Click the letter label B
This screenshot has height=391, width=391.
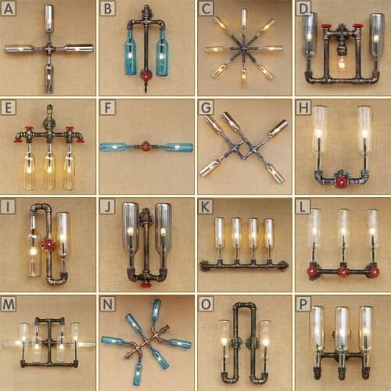pos(107,9)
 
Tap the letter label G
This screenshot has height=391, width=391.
pos(206,107)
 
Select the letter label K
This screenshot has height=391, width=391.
pos(206,206)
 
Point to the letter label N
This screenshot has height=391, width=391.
pos(107,303)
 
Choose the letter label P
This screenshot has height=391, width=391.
pos(303,303)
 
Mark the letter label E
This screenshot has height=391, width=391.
pos(9,107)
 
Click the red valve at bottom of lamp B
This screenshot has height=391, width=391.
pos(145,77)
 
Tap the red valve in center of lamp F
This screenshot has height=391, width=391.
pos(145,146)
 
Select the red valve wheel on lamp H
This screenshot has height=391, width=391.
pos(341,181)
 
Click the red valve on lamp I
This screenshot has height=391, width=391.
pos(49,244)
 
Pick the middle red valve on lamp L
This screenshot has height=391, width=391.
pos(342,272)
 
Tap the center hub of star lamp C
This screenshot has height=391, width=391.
pos(243,48)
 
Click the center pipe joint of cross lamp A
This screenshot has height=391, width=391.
pos(48,48)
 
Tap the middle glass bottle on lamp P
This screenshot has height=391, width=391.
pos(341,328)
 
